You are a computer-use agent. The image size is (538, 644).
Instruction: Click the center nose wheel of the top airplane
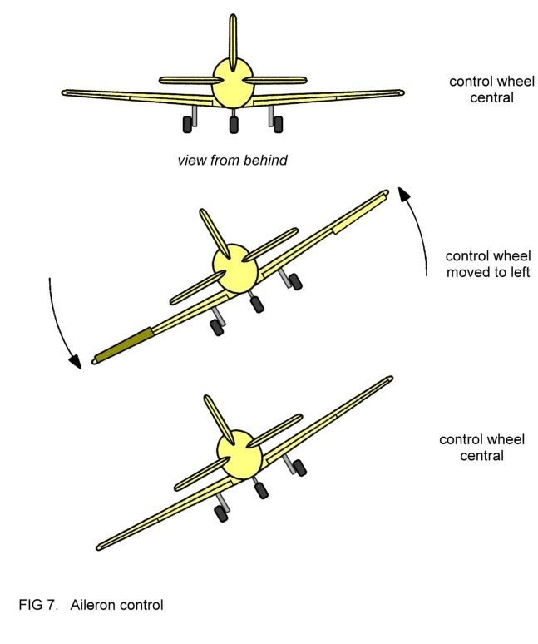(x=234, y=125)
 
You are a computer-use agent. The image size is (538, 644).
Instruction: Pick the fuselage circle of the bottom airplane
(x=239, y=451)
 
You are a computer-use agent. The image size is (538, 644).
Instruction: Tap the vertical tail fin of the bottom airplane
(x=218, y=418)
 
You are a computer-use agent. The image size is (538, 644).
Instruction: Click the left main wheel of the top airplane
(x=190, y=123)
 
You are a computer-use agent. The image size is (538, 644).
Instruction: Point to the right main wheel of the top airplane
(x=277, y=123)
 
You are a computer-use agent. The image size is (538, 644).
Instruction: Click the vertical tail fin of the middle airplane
(x=214, y=231)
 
